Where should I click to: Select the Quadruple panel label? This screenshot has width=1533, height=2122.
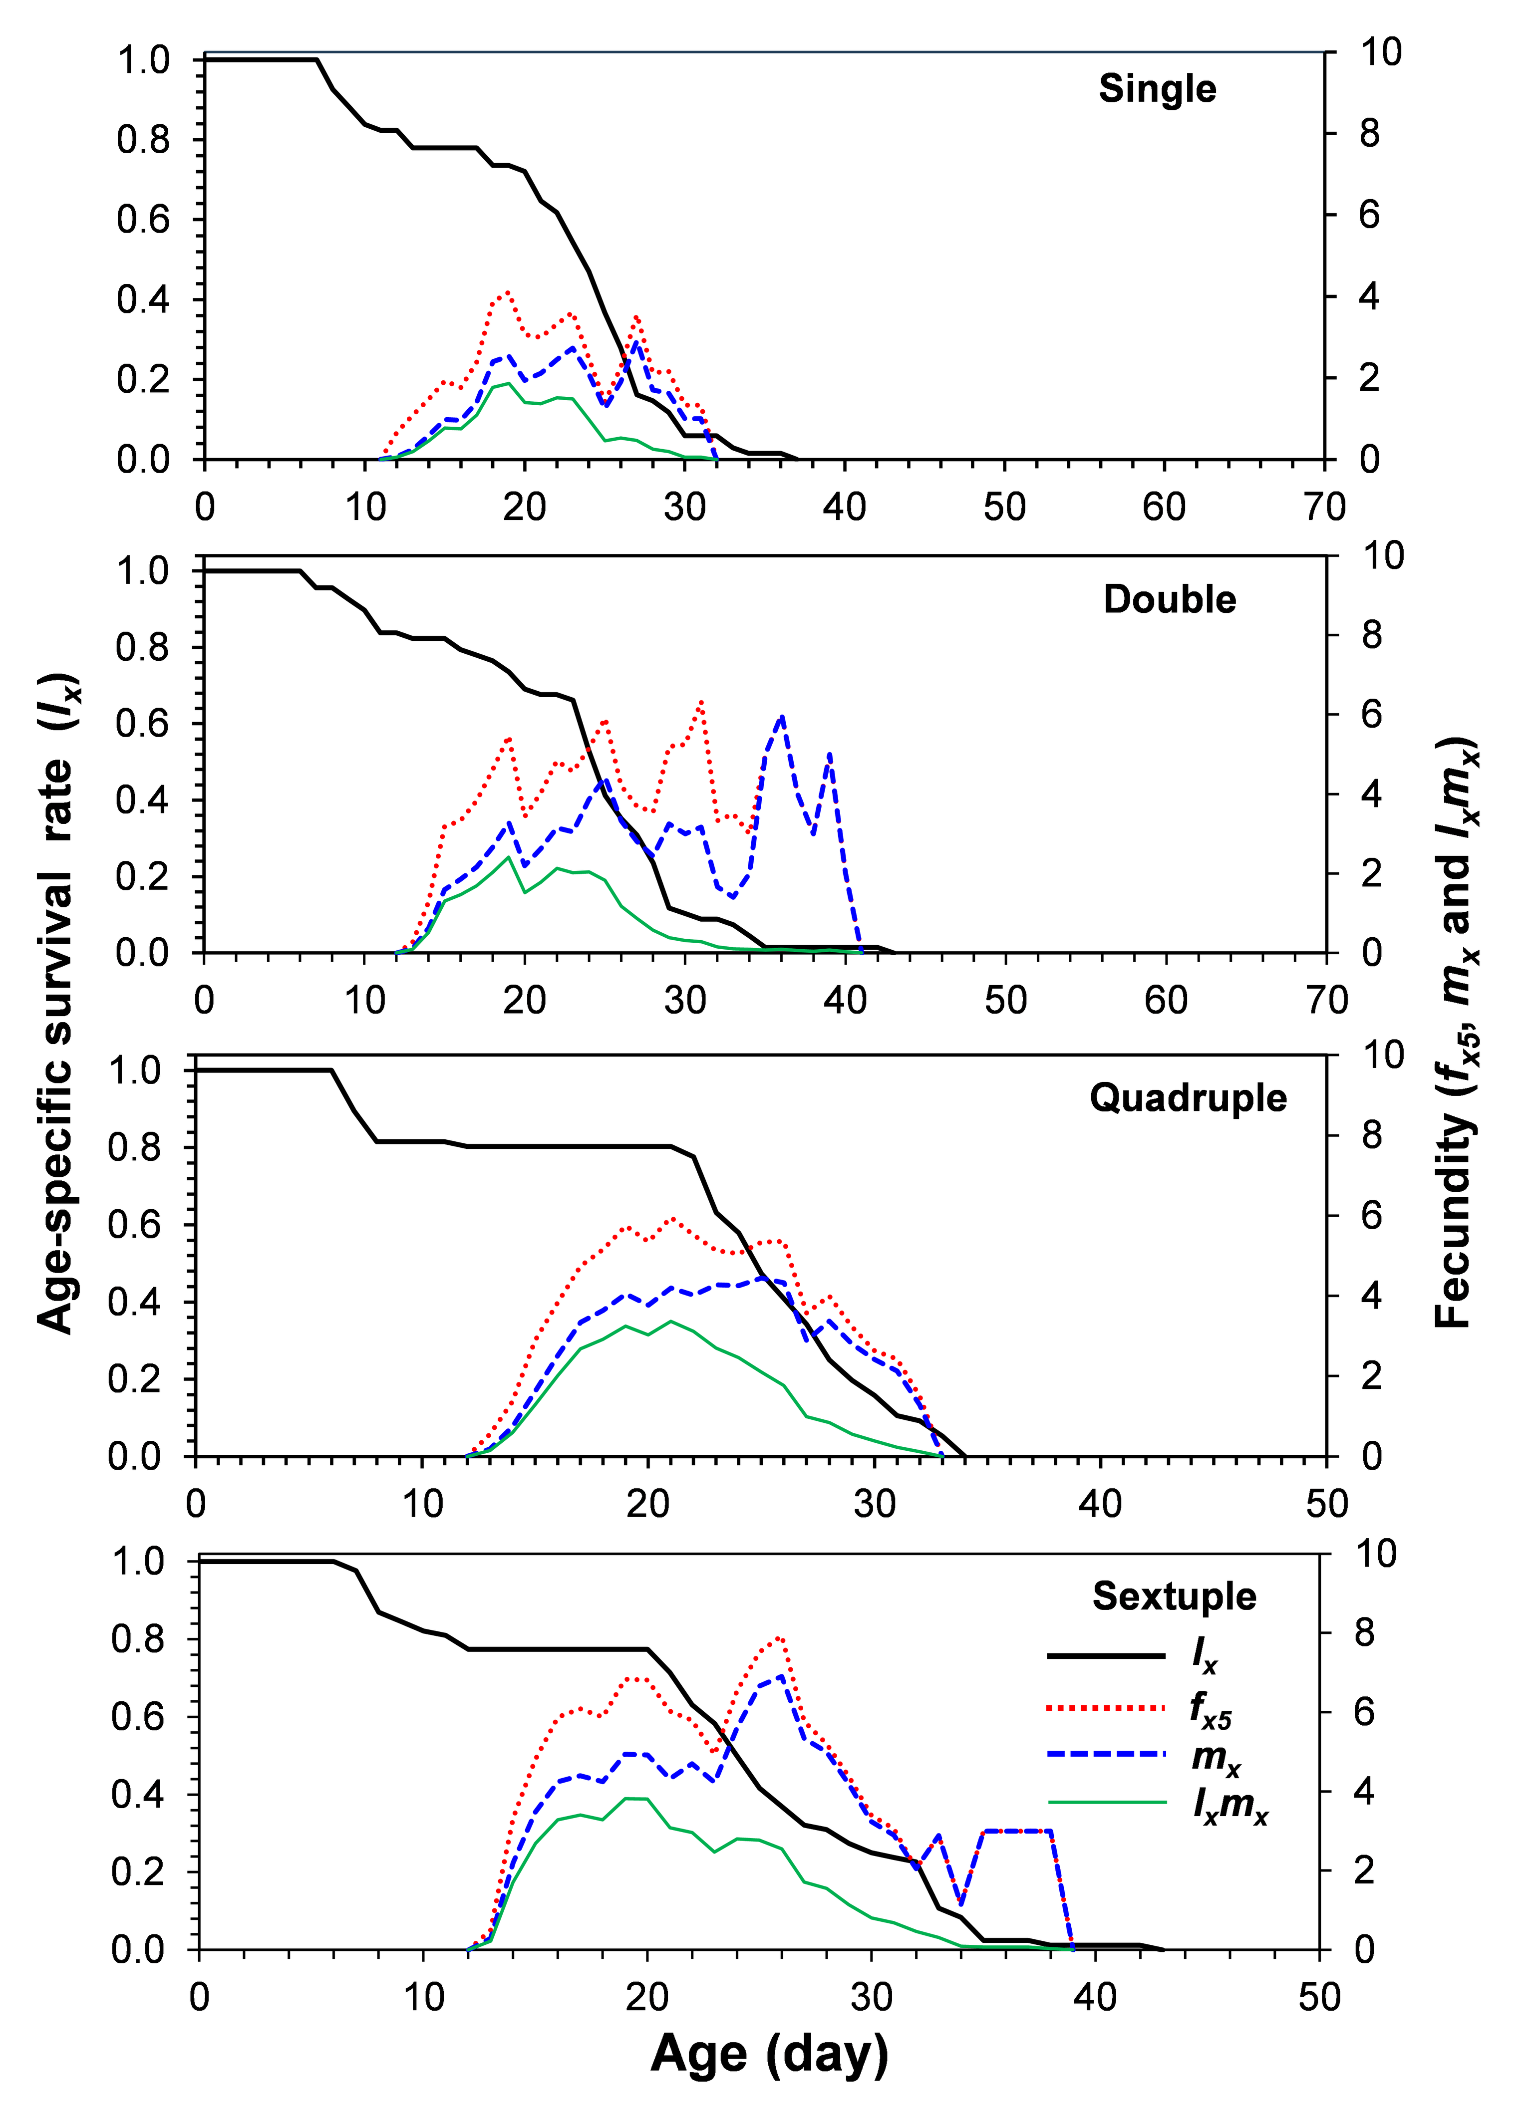click(x=1188, y=1097)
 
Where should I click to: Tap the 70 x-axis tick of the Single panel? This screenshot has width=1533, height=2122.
click(x=1323, y=507)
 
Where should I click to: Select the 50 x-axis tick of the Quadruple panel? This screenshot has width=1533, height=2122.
click(x=1326, y=1504)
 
